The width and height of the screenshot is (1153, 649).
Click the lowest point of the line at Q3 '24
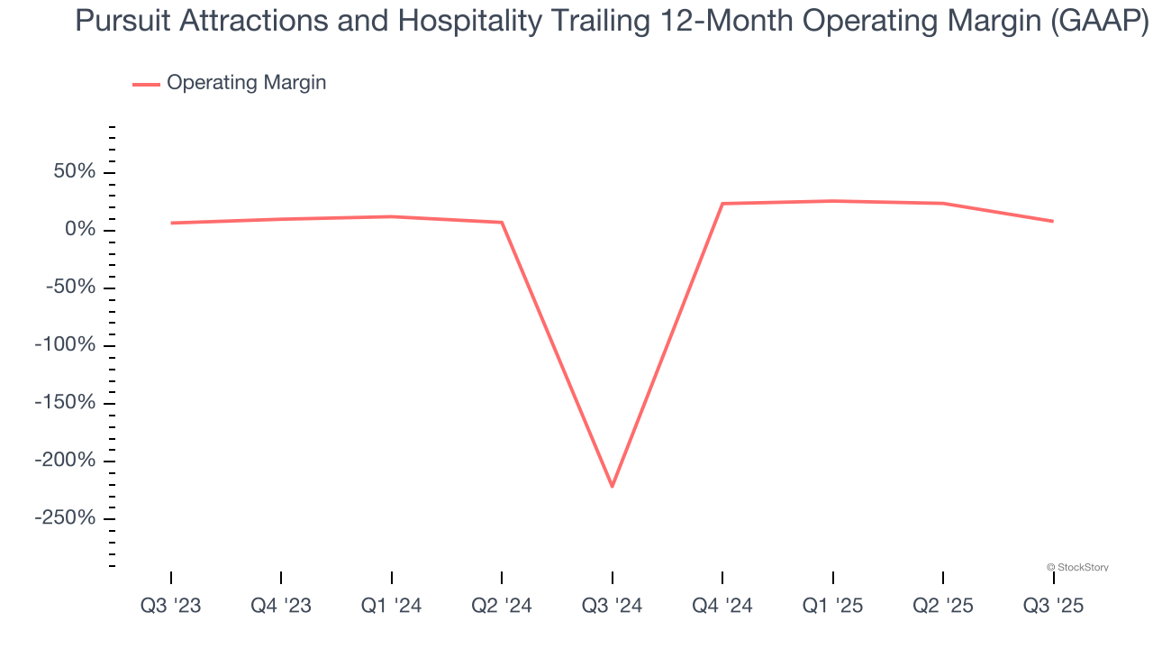pyautogui.click(x=613, y=486)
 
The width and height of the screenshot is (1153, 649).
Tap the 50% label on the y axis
pyautogui.click(x=72, y=172)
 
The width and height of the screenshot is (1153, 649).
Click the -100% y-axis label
pyautogui.click(x=64, y=345)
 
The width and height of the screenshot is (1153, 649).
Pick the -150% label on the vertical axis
pyautogui.click(x=64, y=403)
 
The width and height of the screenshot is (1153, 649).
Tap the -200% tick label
pyautogui.click(x=64, y=461)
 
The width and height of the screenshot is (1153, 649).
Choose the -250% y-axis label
pyautogui.click(x=64, y=518)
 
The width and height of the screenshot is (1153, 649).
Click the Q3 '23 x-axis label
pyautogui.click(x=171, y=606)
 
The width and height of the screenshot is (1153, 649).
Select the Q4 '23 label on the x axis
pyautogui.click(x=281, y=606)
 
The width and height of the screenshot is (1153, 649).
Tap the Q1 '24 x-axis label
pyautogui.click(x=392, y=606)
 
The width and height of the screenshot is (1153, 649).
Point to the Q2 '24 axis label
pyautogui.click(x=502, y=606)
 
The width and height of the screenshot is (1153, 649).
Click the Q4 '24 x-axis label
pyautogui.click(x=722, y=606)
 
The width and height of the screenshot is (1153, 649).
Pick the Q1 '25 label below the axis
pyautogui.click(x=832, y=606)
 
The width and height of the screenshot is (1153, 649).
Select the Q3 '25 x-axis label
pyautogui.click(x=1053, y=606)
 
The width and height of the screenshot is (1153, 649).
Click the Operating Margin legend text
pyautogui.click(x=246, y=83)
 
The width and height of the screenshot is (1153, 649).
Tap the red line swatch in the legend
pyautogui.click(x=146, y=84)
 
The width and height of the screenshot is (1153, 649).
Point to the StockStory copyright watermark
pyautogui.click(x=1077, y=567)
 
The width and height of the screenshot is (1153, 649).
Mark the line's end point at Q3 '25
pyautogui.click(x=1052, y=221)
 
